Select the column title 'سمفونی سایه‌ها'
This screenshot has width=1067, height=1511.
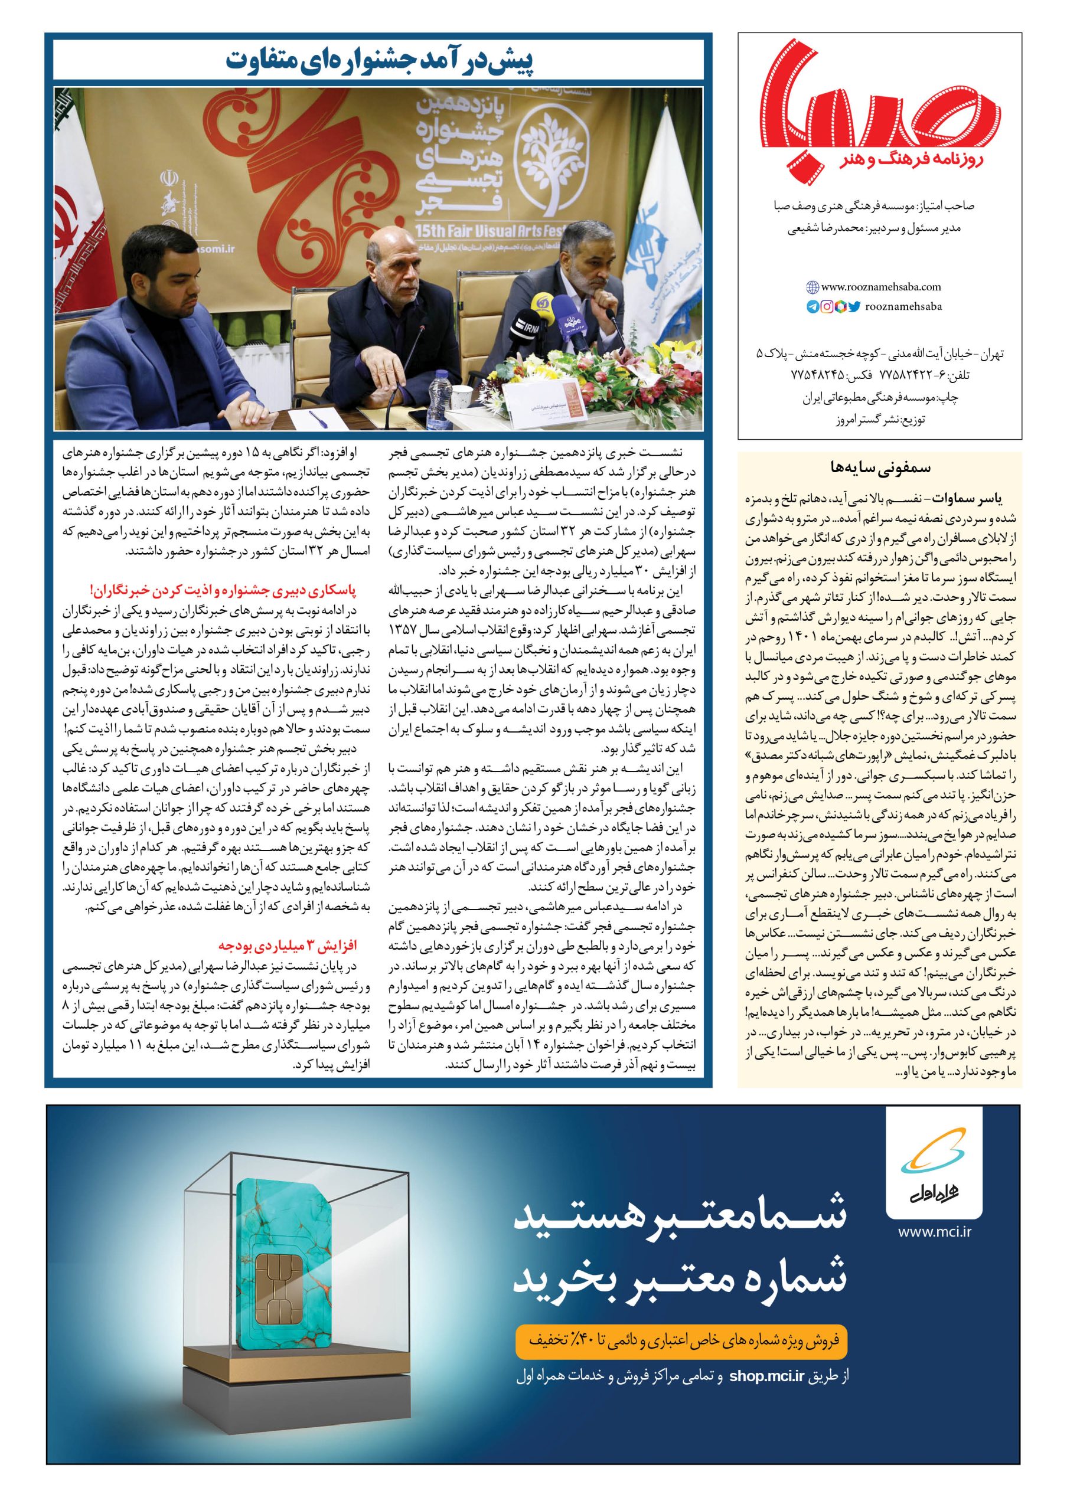click(878, 470)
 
